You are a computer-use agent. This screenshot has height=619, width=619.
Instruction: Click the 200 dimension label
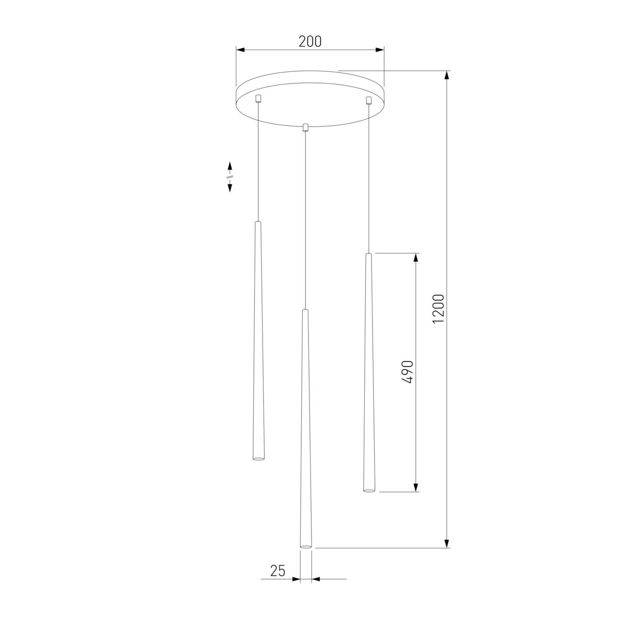click(310, 41)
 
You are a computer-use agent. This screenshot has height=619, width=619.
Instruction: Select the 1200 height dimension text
click(438, 309)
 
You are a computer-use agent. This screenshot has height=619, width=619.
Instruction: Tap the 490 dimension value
click(408, 371)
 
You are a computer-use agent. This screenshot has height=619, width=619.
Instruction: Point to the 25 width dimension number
click(278, 571)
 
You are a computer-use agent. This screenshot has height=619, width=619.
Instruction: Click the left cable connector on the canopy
click(259, 98)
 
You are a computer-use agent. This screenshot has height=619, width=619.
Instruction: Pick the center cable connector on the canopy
click(305, 127)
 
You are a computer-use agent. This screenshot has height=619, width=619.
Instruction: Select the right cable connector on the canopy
click(368, 100)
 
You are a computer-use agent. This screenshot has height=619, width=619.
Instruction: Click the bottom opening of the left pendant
click(258, 458)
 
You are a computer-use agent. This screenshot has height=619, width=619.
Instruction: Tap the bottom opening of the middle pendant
click(306, 546)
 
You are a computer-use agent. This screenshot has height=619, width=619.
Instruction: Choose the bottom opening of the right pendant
click(368, 490)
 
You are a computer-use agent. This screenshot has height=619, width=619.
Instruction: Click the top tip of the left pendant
click(258, 223)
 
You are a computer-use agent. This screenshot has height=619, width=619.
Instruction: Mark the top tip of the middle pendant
click(305, 311)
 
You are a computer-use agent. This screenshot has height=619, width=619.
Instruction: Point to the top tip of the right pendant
click(368, 255)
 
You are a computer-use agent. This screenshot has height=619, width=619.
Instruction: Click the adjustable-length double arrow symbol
click(230, 176)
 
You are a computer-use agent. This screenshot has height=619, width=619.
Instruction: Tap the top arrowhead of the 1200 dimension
click(447, 75)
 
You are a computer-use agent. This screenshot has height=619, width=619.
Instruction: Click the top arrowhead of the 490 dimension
click(416, 258)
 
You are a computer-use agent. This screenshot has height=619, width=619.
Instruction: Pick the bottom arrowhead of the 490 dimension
click(416, 487)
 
